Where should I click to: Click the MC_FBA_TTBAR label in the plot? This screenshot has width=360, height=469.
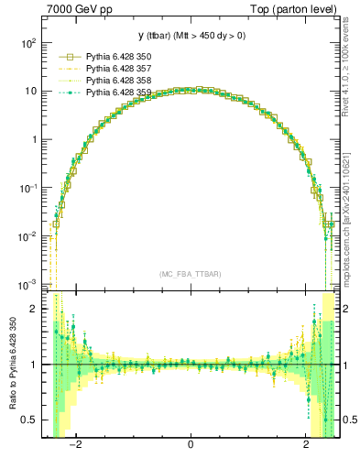pos(191,274)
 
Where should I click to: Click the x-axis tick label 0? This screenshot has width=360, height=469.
pos(191,444)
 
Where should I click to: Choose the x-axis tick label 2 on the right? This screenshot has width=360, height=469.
pos(306,444)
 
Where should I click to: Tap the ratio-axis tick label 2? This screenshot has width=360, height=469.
pos(33,309)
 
